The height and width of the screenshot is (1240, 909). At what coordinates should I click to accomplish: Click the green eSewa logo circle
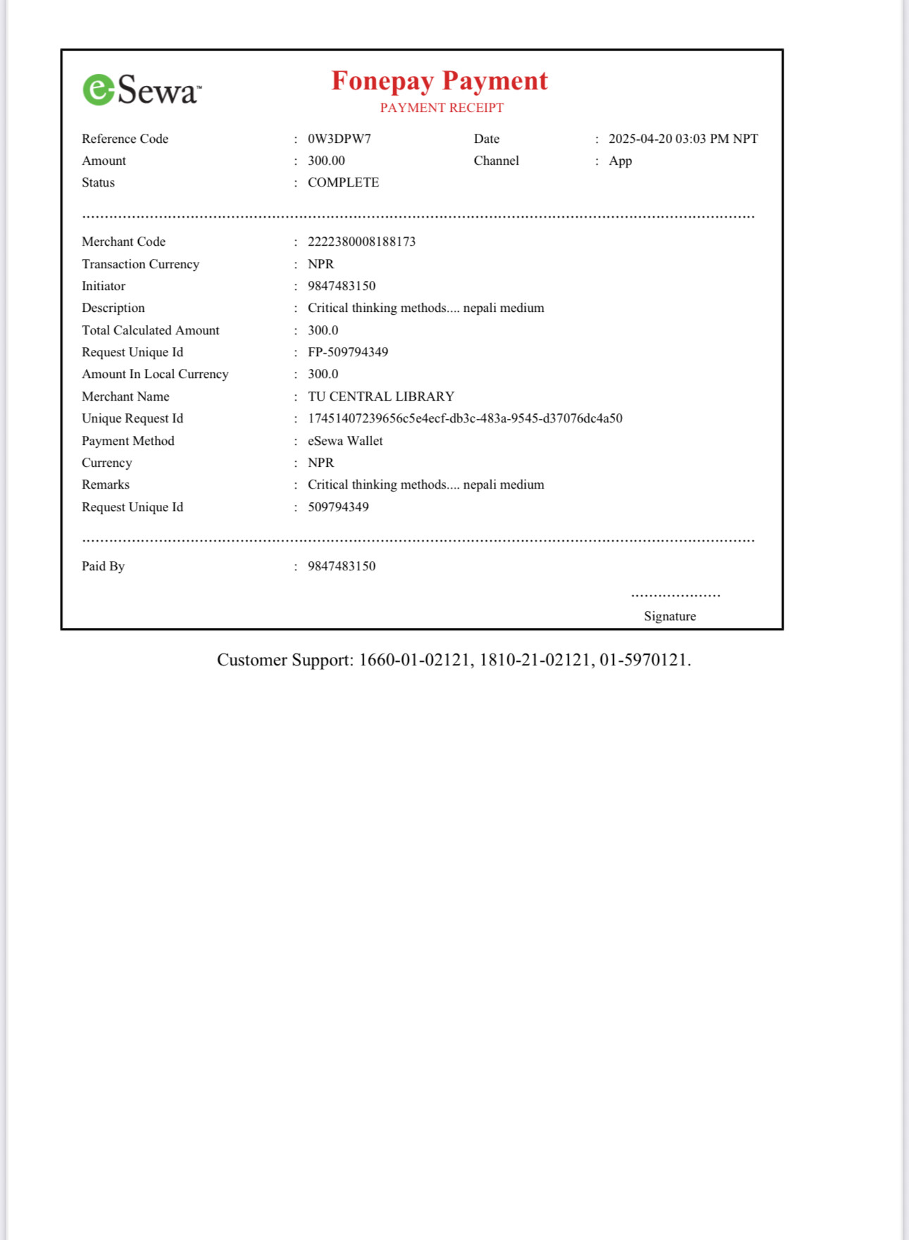(99, 90)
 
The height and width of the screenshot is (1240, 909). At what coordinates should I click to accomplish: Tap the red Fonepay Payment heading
(439, 81)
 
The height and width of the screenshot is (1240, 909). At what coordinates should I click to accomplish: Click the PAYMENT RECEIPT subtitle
(442, 108)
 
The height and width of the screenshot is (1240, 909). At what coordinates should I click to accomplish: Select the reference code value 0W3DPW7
(339, 139)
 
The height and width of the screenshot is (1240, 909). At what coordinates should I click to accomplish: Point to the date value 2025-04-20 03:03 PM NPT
(683, 139)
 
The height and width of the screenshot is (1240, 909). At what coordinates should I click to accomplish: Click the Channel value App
(620, 161)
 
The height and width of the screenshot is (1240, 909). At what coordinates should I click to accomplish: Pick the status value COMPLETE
(343, 182)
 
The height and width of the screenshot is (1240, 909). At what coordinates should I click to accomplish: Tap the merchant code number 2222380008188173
(361, 242)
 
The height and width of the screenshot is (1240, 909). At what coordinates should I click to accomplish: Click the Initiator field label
(104, 286)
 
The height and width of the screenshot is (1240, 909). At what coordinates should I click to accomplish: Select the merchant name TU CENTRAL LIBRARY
(381, 396)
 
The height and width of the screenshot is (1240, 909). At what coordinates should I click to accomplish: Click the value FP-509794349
(347, 352)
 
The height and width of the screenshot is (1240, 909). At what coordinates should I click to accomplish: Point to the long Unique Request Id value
(465, 418)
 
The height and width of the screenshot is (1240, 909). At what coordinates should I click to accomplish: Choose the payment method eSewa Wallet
(345, 441)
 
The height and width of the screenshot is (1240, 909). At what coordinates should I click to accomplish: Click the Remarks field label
(106, 484)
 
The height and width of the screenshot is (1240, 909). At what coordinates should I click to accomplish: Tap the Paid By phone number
(341, 566)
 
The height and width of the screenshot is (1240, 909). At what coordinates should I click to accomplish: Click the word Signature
(669, 616)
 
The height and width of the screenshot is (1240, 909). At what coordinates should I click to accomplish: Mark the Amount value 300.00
(326, 161)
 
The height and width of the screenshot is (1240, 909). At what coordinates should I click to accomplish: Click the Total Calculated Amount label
(150, 330)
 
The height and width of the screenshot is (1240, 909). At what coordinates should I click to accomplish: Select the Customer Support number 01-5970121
(643, 660)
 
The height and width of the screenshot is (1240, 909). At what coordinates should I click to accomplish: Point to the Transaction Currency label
(140, 264)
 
